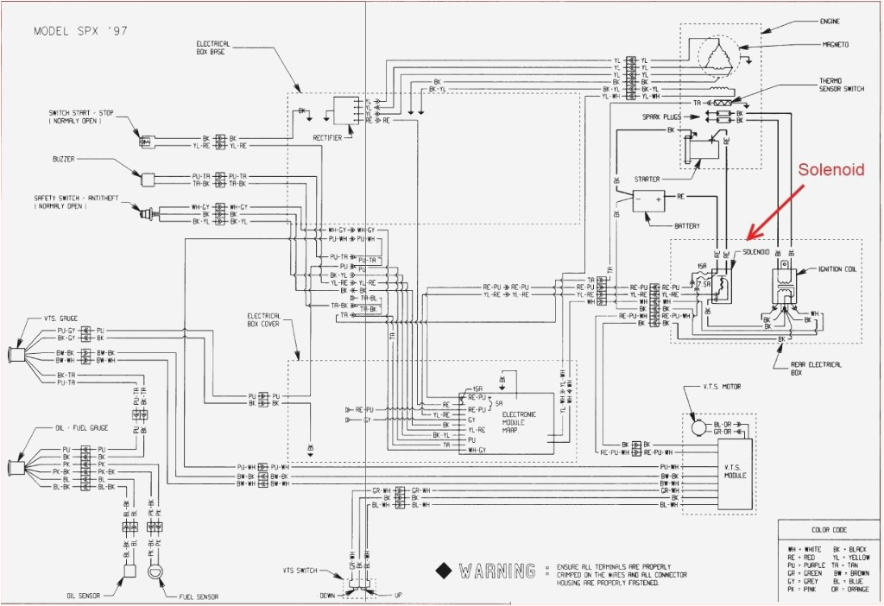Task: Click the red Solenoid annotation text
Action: tap(830, 170)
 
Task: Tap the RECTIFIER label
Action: tap(329, 137)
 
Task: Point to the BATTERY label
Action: tap(687, 226)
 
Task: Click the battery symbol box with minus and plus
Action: tap(649, 201)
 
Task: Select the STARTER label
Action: tap(647, 179)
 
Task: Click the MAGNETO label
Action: tap(834, 44)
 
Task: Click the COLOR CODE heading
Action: tap(828, 531)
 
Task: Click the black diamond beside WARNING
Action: tap(444, 571)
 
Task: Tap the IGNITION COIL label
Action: tap(838, 268)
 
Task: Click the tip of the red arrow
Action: tap(748, 237)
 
